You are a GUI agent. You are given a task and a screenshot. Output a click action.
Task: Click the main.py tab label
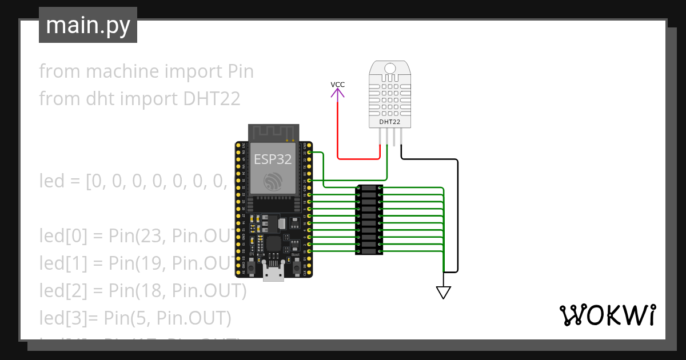[x=87, y=26]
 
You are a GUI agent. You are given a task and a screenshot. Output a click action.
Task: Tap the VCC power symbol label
[x=338, y=85]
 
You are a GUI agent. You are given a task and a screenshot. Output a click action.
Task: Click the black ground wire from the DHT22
[x=457, y=217]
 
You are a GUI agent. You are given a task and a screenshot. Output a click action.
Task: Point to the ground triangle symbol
[x=444, y=293]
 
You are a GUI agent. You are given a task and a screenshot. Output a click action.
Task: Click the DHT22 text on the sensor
[x=389, y=122]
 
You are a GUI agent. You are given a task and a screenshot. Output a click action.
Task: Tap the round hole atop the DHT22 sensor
[x=390, y=69]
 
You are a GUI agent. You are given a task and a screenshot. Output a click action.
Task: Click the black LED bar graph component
[x=369, y=220]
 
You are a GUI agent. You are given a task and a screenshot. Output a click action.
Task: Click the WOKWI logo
[x=607, y=315]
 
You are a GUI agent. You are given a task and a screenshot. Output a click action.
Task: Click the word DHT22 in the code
[x=212, y=99]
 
